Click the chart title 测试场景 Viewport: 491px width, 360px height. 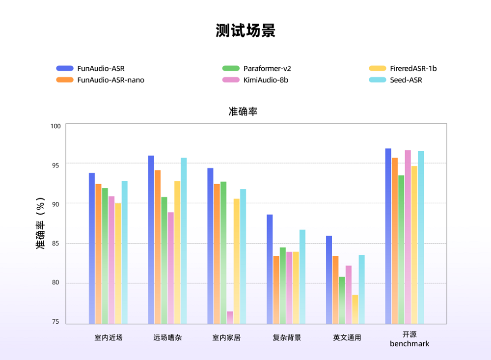point(245,30)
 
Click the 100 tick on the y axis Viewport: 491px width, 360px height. point(55,126)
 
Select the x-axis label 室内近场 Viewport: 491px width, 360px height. point(109,338)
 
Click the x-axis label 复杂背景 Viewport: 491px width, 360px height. point(287,338)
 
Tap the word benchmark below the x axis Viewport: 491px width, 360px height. point(409,344)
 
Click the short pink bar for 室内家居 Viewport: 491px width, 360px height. point(230,318)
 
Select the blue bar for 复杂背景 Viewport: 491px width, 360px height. point(270,269)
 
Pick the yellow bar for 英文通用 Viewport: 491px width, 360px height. point(355,309)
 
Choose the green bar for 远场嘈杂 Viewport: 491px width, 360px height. point(164,260)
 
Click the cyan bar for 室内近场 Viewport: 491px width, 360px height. point(125,252)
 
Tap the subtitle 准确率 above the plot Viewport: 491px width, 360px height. point(243,111)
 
